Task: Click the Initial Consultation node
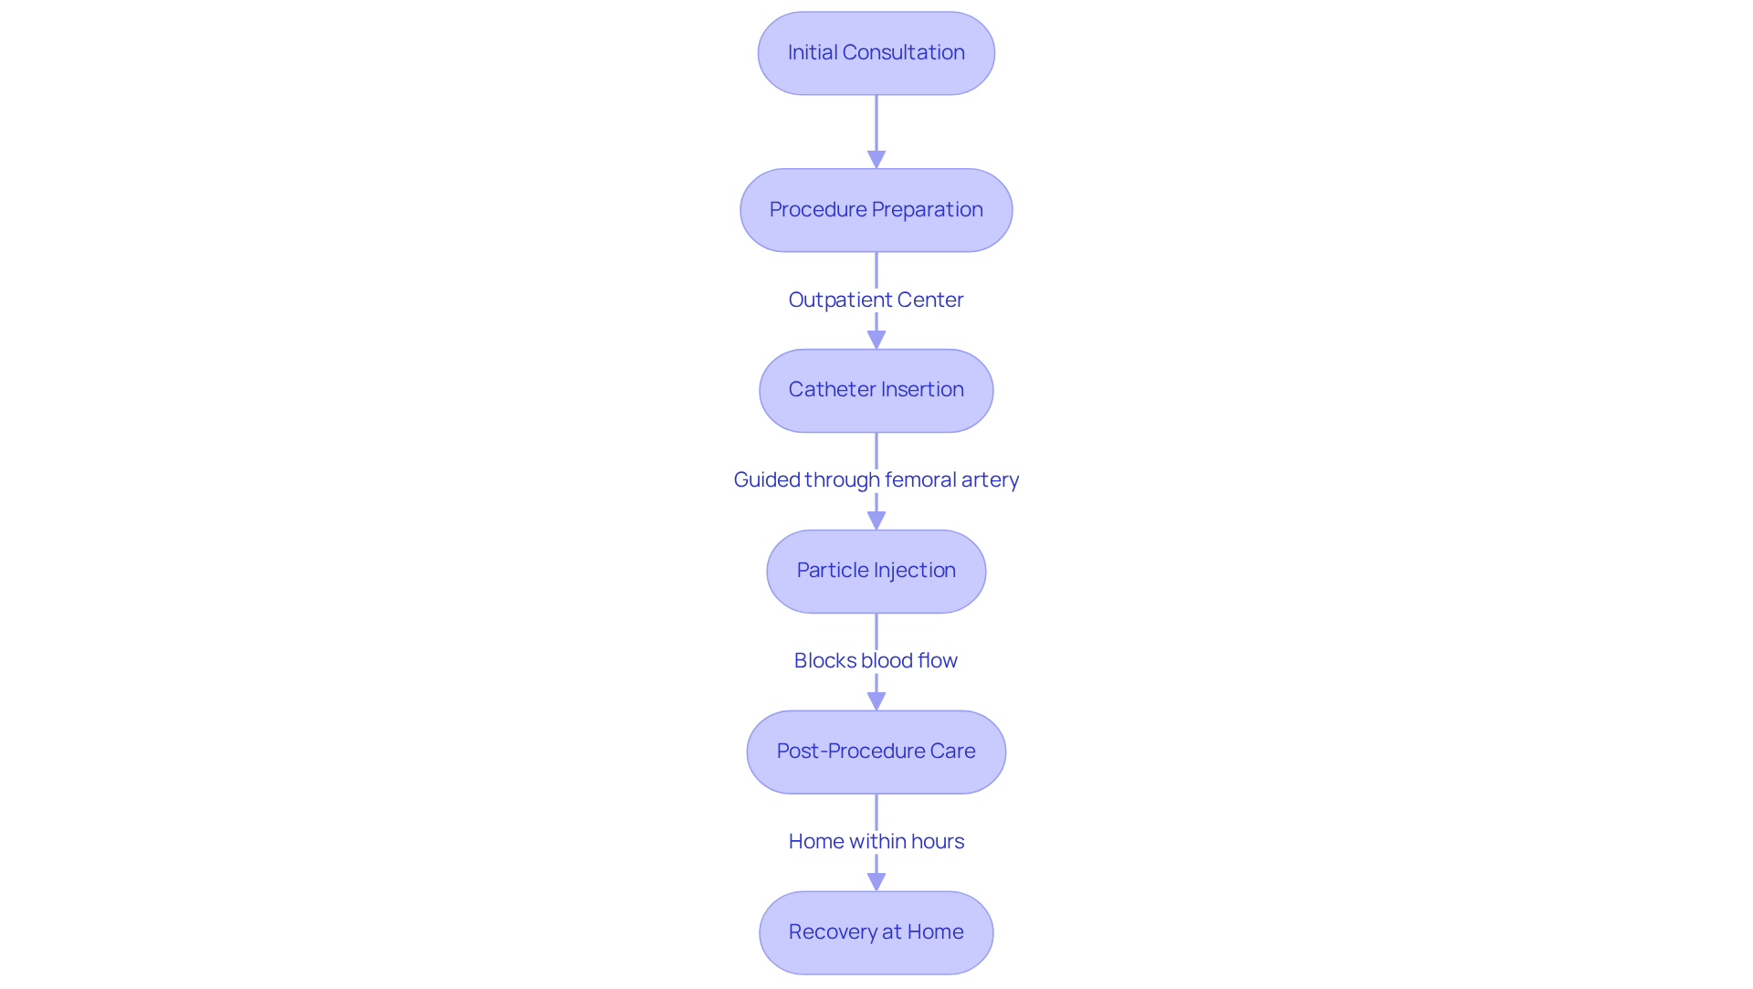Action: click(876, 53)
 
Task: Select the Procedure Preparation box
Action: click(876, 210)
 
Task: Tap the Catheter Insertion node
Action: click(876, 390)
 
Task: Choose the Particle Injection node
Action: click(876, 571)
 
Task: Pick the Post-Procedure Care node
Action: click(876, 752)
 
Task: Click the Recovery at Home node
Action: click(876, 932)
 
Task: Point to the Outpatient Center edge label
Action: click(876, 300)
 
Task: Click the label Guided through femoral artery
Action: click(876, 479)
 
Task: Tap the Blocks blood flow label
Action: click(876, 660)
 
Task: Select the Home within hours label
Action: click(876, 841)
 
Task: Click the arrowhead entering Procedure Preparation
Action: click(876, 160)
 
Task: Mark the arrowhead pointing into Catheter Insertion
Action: click(876, 340)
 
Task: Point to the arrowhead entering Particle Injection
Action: click(876, 521)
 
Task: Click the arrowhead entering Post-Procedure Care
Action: click(876, 701)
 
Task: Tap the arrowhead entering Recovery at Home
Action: click(876, 882)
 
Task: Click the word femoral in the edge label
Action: click(919, 479)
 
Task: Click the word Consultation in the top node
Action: click(903, 53)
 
